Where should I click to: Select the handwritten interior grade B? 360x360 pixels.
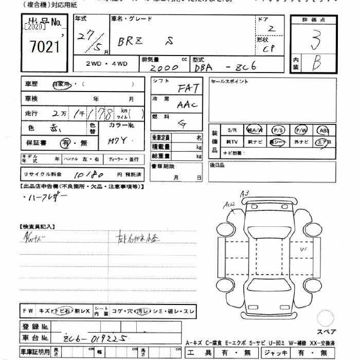317,64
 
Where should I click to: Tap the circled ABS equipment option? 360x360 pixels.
324,130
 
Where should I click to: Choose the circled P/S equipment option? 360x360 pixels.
278,130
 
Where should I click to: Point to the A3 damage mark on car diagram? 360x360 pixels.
244,193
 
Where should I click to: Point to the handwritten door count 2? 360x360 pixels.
271,29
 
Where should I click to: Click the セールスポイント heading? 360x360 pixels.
230,82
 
